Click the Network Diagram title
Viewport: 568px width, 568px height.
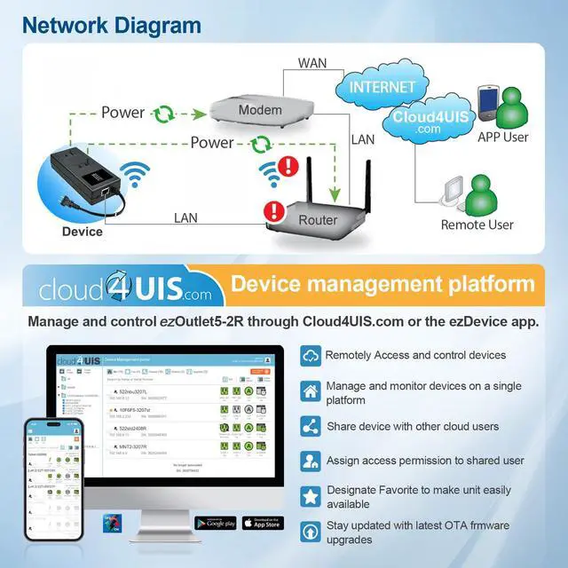(112, 24)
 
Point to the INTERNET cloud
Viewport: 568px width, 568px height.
(382, 87)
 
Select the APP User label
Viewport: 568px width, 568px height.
(502, 137)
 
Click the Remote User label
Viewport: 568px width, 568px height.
(477, 225)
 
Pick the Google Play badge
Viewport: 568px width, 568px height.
(215, 523)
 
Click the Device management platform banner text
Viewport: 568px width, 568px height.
(383, 284)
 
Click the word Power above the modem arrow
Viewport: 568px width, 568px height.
(122, 113)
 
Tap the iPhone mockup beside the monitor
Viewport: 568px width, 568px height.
(56, 479)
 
